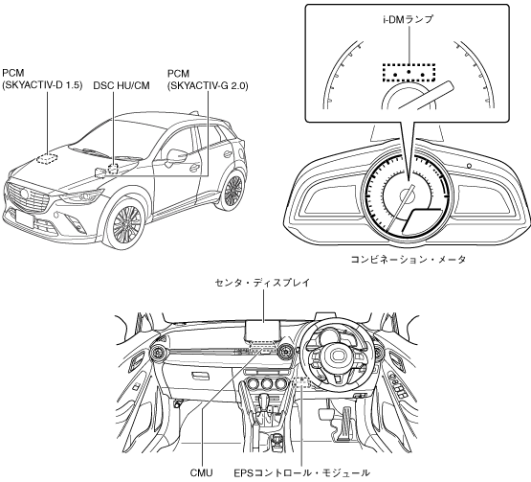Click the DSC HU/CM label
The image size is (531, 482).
tap(122, 85)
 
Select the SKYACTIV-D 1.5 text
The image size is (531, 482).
tap(42, 85)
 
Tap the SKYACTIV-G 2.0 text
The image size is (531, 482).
tap(208, 86)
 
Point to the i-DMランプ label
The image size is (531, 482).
tap(409, 20)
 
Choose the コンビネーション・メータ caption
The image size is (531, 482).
tap(409, 260)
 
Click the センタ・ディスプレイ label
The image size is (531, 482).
tap(263, 283)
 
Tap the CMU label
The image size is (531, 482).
tap(202, 472)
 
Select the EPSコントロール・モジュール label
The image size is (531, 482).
tap(301, 472)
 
